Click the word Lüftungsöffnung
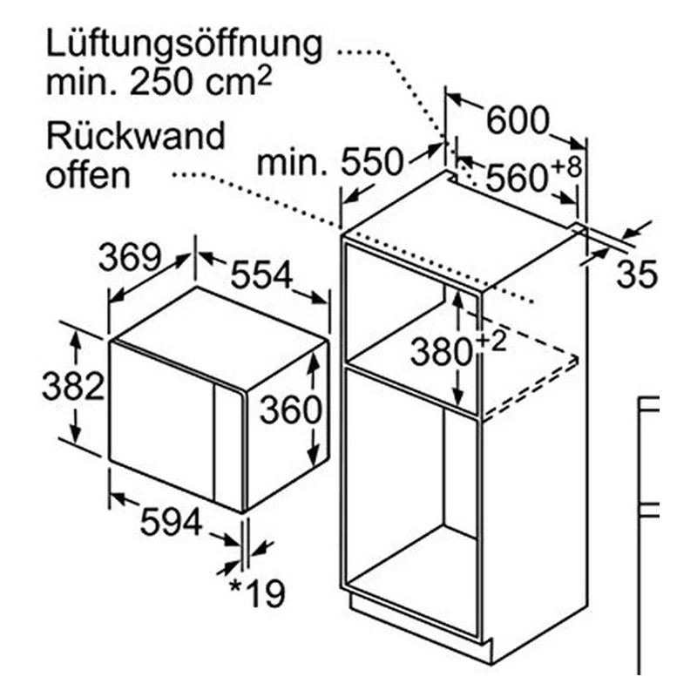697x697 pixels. [184, 47]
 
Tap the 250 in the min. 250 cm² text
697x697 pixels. [166, 82]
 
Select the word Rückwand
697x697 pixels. [135, 136]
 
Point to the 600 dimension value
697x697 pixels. [518, 120]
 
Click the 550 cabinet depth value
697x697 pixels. [372, 162]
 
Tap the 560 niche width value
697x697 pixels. [517, 178]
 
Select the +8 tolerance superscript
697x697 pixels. [566, 167]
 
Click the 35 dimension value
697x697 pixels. [637, 274]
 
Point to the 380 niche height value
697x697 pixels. [441, 352]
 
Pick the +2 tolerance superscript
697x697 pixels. [491, 342]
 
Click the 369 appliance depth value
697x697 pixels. [129, 257]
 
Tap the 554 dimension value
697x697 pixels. [261, 274]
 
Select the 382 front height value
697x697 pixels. [73, 386]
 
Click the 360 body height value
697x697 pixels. [290, 409]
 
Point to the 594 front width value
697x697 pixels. [171, 522]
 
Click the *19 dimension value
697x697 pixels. [257, 593]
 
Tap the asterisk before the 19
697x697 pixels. [235, 586]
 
